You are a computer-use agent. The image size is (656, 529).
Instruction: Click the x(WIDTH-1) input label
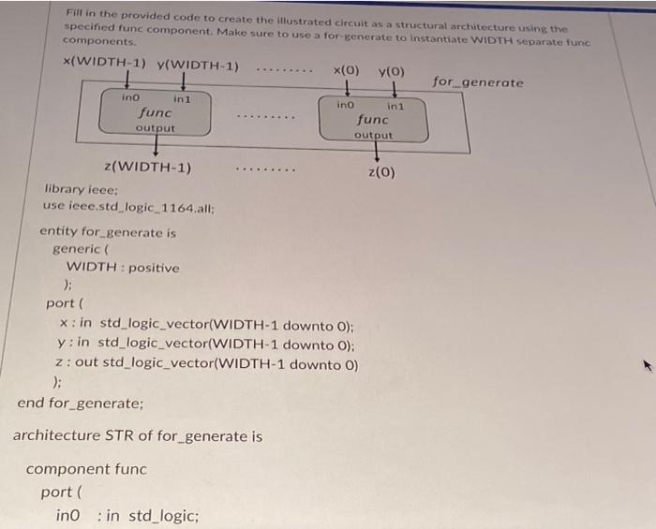pos(104,62)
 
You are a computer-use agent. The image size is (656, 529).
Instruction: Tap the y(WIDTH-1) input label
pos(198,66)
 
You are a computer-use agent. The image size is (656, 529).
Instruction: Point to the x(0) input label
pos(346,70)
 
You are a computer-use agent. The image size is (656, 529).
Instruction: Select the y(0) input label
pos(391,72)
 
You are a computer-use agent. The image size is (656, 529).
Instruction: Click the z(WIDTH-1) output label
pos(148,167)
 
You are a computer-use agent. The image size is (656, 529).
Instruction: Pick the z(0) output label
pos(381,171)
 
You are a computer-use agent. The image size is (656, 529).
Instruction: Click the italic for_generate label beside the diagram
pos(478,81)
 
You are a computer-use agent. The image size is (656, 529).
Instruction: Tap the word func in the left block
pos(156,112)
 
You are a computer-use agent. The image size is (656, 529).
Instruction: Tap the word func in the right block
pos(373,120)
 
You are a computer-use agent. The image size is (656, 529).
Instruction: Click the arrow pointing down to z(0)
pos(377,152)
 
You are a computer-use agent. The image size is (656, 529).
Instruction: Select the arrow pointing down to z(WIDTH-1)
pos(156,145)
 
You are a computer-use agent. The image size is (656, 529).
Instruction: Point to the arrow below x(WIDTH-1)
pos(127,80)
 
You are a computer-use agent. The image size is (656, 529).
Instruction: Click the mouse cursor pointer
pos(648,366)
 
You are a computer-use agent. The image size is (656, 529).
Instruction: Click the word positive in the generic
pos(154,268)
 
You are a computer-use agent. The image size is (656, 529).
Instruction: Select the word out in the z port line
pos(86,361)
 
